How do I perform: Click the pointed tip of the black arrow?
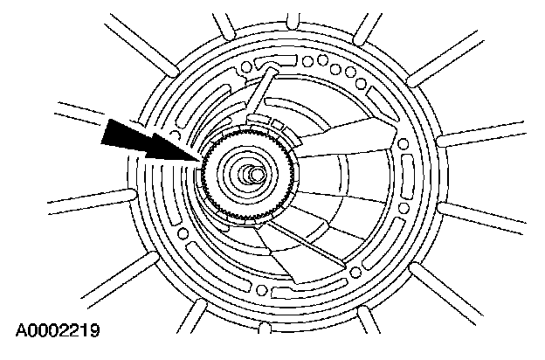coord(202,159)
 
